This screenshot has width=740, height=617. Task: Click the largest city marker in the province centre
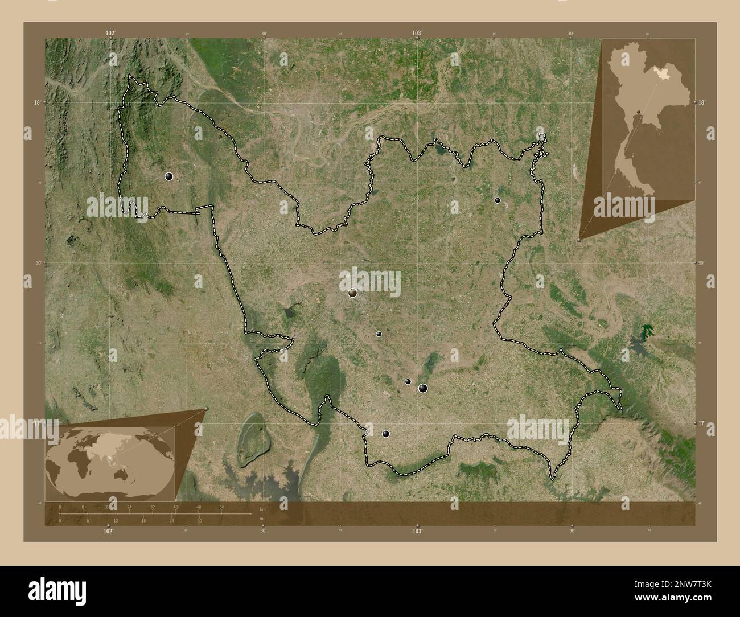(353, 293)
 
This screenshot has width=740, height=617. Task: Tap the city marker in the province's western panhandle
(168, 176)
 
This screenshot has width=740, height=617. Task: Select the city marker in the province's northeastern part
(498, 200)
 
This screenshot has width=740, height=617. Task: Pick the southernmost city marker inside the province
(386, 434)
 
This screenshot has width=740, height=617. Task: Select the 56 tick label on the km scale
(221, 507)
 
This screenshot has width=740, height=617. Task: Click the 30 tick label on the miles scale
(199, 521)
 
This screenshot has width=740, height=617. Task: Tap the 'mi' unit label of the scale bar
(262, 518)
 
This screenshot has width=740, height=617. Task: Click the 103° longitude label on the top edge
(417, 34)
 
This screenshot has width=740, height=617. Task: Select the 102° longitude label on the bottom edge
(108, 530)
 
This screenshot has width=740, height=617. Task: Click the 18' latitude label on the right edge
(701, 102)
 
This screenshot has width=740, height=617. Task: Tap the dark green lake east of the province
(647, 331)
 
